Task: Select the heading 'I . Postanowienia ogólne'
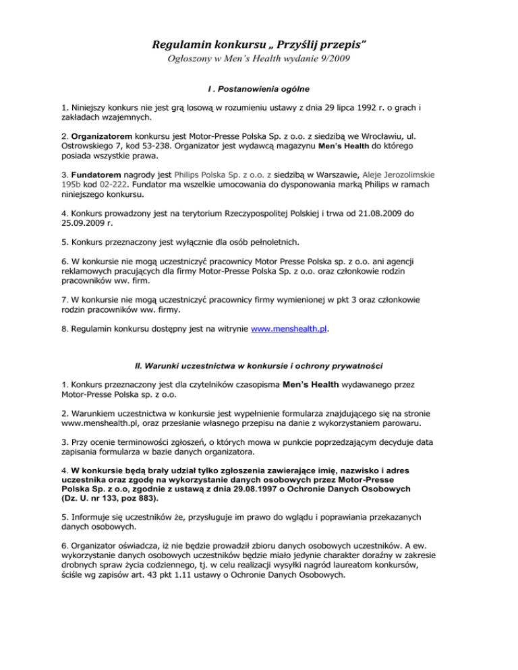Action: click(x=259, y=88)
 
